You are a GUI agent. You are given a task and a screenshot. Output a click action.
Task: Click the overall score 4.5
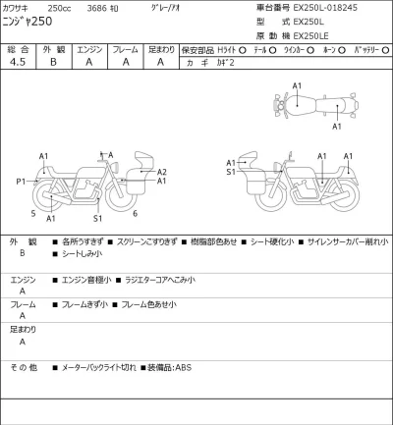click(x=17, y=62)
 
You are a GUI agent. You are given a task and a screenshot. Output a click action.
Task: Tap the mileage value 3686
click(x=97, y=8)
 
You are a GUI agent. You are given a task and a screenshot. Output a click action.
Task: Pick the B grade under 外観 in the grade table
click(x=53, y=62)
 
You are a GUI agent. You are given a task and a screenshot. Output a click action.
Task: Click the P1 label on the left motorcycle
click(x=21, y=182)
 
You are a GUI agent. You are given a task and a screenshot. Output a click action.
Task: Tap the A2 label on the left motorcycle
click(x=161, y=172)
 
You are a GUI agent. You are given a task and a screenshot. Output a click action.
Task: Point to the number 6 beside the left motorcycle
click(x=135, y=213)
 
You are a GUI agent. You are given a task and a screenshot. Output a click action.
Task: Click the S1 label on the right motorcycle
click(x=230, y=172)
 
